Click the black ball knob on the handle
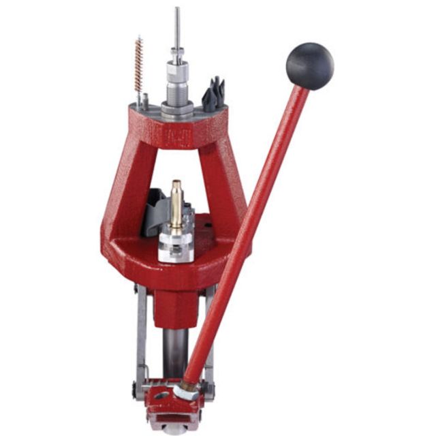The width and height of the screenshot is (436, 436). click(x=309, y=66)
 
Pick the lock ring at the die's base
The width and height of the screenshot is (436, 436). click(x=177, y=108)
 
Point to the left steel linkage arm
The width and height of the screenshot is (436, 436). click(x=141, y=334)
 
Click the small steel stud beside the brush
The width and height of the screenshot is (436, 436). click(x=145, y=101)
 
